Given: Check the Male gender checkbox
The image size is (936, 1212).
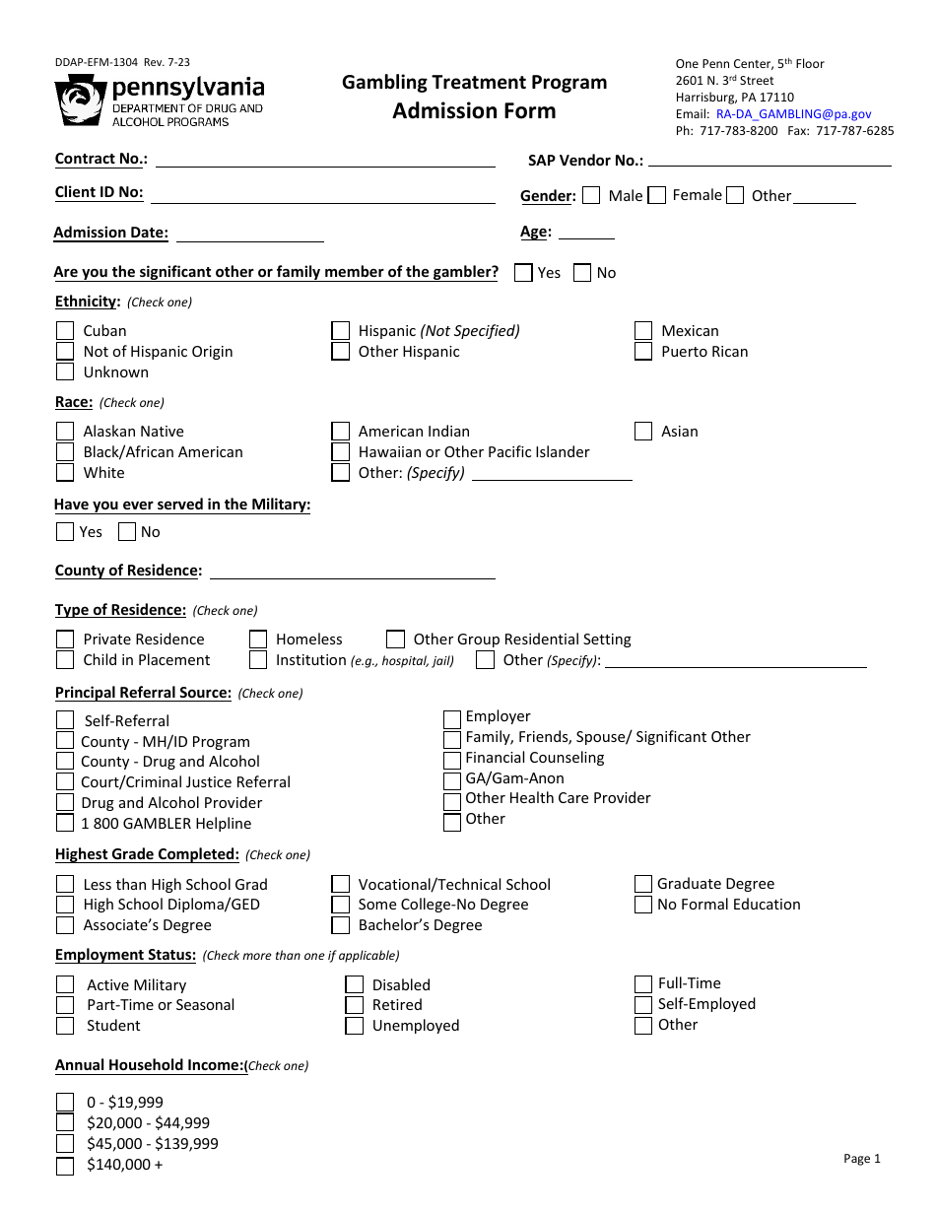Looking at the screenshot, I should pyautogui.click(x=591, y=195).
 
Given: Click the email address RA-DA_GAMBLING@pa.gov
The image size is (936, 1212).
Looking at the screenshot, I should pyautogui.click(x=793, y=114).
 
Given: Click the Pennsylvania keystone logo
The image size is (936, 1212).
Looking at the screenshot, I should pyautogui.click(x=81, y=101).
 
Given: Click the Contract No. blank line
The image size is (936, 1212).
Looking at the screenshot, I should pyautogui.click(x=325, y=161).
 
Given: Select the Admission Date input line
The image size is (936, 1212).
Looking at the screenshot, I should pyautogui.click(x=249, y=235).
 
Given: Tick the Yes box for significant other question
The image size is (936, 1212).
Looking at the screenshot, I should pyautogui.click(x=523, y=273).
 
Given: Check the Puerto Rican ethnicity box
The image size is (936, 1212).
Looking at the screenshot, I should pyautogui.click(x=643, y=352).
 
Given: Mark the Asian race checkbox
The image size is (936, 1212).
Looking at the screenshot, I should pyautogui.click(x=643, y=432).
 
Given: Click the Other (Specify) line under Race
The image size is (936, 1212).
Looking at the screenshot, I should pyautogui.click(x=552, y=474).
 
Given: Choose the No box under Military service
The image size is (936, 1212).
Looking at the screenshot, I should pyautogui.click(x=127, y=532).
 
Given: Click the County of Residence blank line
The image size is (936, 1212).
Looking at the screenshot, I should pyautogui.click(x=352, y=572).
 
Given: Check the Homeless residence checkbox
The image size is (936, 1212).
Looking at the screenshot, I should pyautogui.click(x=258, y=640).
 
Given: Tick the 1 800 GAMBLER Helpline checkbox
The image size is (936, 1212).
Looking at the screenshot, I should pyautogui.click(x=65, y=823).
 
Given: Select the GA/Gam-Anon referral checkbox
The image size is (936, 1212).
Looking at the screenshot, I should pyautogui.click(x=452, y=779).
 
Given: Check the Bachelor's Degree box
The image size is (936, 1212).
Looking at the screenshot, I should pyautogui.click(x=341, y=925).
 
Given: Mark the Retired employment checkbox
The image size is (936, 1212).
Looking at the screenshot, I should pyautogui.click(x=355, y=1005).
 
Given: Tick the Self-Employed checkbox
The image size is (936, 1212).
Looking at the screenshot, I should pyautogui.click(x=642, y=1004).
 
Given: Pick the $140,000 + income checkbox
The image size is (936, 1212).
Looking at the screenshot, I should pyautogui.click(x=65, y=1166).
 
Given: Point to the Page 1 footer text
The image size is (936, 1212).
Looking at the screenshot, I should pyautogui.click(x=861, y=1159).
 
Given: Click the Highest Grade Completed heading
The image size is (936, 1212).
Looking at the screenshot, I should pyautogui.click(x=147, y=854).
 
